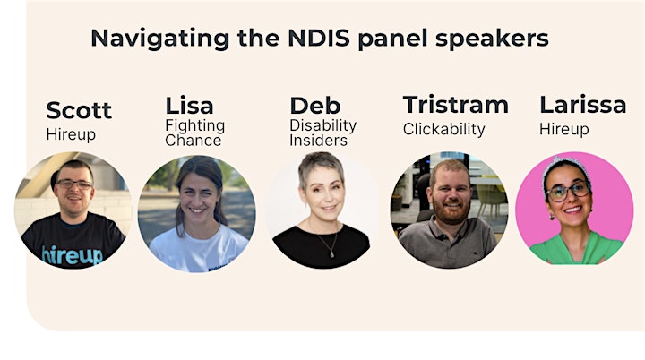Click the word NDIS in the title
(x=319, y=38)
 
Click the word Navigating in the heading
(x=160, y=39)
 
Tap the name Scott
(x=79, y=110)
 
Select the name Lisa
(x=190, y=106)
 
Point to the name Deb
(x=315, y=106)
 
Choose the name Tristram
(x=456, y=105)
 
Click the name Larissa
(x=583, y=105)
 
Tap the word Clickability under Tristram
(x=444, y=129)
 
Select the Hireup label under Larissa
(x=564, y=130)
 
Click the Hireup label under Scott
(x=71, y=134)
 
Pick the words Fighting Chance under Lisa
(x=195, y=133)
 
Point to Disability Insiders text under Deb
(x=322, y=133)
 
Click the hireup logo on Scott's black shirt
(x=73, y=255)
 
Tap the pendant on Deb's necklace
(x=332, y=254)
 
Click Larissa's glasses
(x=569, y=192)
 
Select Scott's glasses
(x=74, y=184)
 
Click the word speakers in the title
(x=492, y=39)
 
